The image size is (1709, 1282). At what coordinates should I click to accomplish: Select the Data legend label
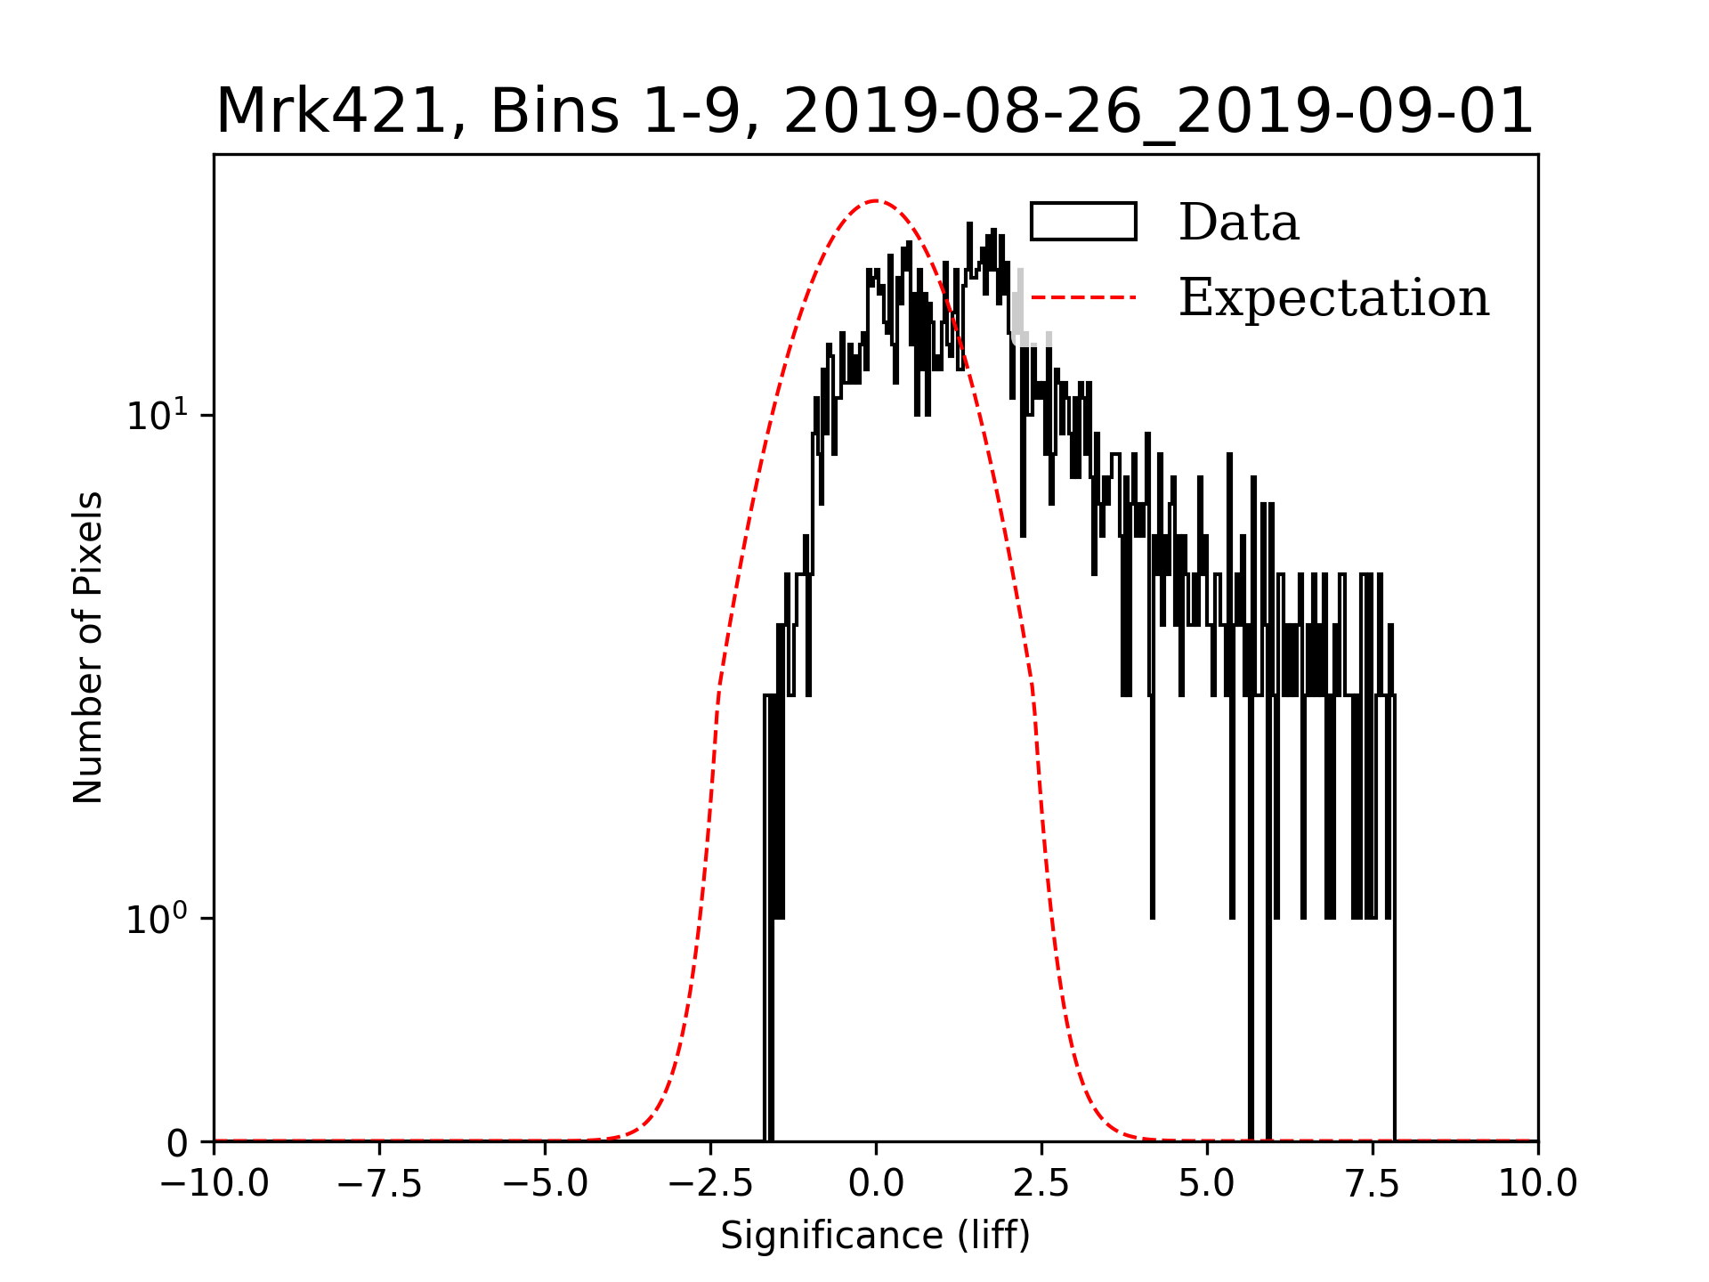tap(1238, 223)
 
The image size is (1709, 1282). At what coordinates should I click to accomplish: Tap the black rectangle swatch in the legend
tap(1083, 222)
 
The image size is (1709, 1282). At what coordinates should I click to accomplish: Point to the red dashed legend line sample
tap(1083, 296)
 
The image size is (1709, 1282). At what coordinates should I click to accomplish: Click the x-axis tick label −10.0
tap(214, 1184)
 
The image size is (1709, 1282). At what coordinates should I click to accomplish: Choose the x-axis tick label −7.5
tap(379, 1184)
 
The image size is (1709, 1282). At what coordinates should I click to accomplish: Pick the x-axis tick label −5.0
tap(545, 1184)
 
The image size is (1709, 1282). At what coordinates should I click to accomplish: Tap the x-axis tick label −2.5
tap(710, 1184)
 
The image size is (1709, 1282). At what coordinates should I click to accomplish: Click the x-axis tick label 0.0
tap(876, 1184)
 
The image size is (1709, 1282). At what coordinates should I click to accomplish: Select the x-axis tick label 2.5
tap(1041, 1184)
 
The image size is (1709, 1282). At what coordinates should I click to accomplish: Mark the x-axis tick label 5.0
tap(1207, 1184)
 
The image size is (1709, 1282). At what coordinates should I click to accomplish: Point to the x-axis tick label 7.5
tap(1373, 1184)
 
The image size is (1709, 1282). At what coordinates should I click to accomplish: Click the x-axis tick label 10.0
tap(1538, 1184)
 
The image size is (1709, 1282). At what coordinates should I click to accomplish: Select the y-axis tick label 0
tap(178, 1144)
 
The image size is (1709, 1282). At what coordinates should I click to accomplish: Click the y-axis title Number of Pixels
tap(88, 647)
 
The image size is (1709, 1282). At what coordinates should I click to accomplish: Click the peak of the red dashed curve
tap(877, 200)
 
